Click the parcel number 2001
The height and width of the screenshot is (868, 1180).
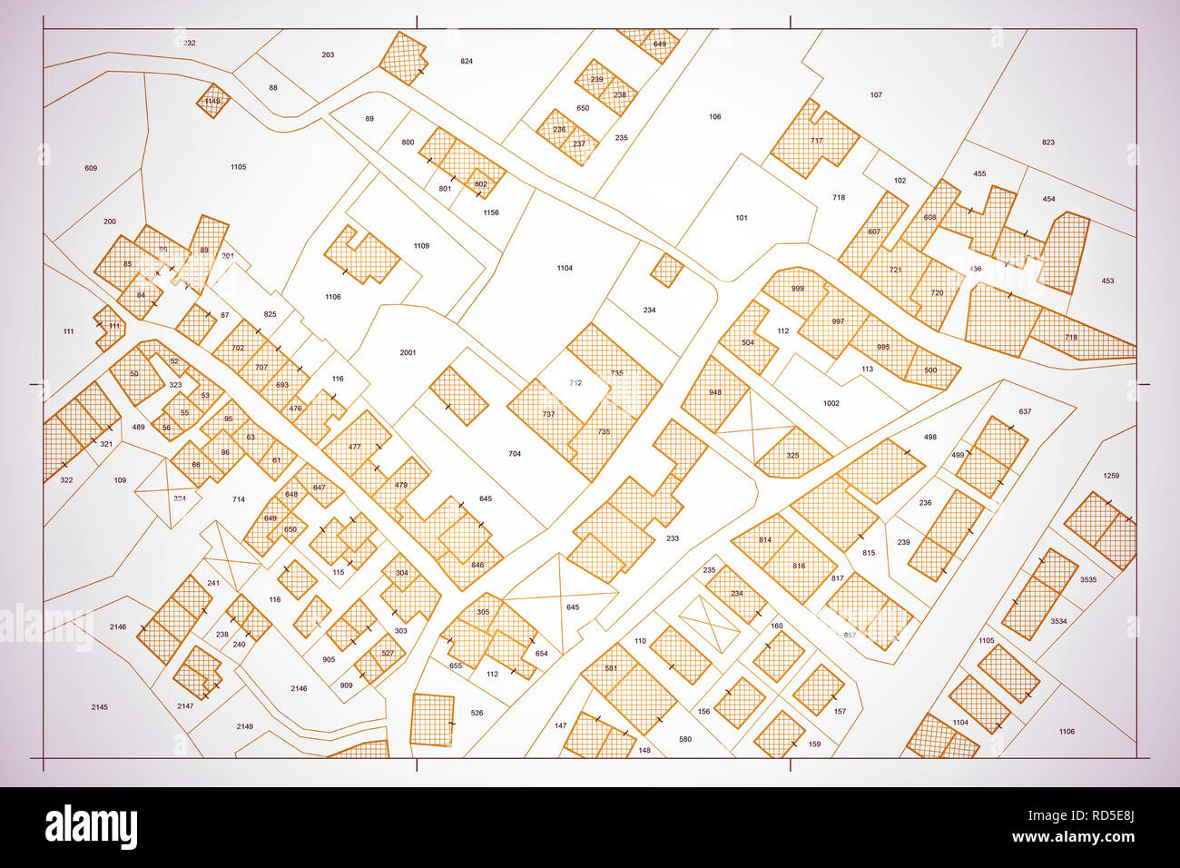coord(408,352)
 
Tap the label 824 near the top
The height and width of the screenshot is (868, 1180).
coord(467,62)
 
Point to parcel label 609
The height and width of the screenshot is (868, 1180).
coord(91,168)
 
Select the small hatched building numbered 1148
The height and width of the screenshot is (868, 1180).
coord(212,101)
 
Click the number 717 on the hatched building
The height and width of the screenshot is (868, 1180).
coord(816,141)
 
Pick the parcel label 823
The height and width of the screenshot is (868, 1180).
coord(1048,143)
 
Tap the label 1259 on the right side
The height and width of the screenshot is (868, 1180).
coord(1111,476)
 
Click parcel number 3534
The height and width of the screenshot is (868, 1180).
coord(1058,622)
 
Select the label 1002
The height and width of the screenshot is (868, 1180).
coord(831,403)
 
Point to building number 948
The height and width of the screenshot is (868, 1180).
coord(715,393)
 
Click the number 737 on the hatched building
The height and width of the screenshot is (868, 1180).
coord(548,414)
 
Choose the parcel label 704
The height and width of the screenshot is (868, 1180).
coord(515,454)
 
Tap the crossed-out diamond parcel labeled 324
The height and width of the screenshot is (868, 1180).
coord(180,498)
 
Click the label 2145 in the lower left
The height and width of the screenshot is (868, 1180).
coord(100,706)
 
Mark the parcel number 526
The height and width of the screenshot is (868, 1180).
coord(477,714)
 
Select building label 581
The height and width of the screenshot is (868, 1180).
coord(611,668)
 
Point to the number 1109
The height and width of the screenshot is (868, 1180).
coord(421,246)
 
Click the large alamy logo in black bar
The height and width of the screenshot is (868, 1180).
coord(92,826)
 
